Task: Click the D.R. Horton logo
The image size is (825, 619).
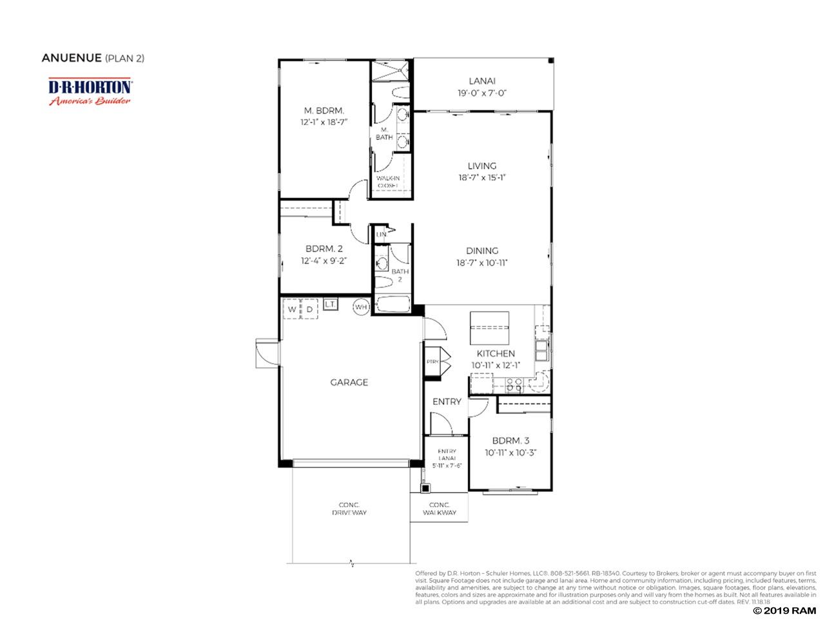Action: (90, 91)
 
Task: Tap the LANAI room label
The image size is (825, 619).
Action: (481, 81)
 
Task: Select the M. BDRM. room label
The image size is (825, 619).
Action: (324, 110)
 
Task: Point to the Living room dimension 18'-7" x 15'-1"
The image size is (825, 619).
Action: (481, 178)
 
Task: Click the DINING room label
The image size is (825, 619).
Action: (481, 251)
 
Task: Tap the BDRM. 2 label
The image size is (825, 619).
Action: (324, 249)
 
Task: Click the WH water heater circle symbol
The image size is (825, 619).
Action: (360, 308)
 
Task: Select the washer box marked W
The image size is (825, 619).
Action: (292, 309)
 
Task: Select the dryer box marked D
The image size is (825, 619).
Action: (309, 309)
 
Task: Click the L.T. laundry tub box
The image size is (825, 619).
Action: (331, 304)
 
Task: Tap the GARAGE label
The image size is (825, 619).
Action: (349, 382)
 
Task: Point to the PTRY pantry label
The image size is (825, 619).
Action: (432, 362)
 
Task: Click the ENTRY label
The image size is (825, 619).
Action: (447, 401)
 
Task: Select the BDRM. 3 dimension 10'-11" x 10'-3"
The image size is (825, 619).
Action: (510, 453)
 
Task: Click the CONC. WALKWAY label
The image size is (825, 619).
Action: (439, 509)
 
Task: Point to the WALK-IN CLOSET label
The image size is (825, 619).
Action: (388, 182)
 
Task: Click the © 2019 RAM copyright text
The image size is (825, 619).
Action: (780, 610)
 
